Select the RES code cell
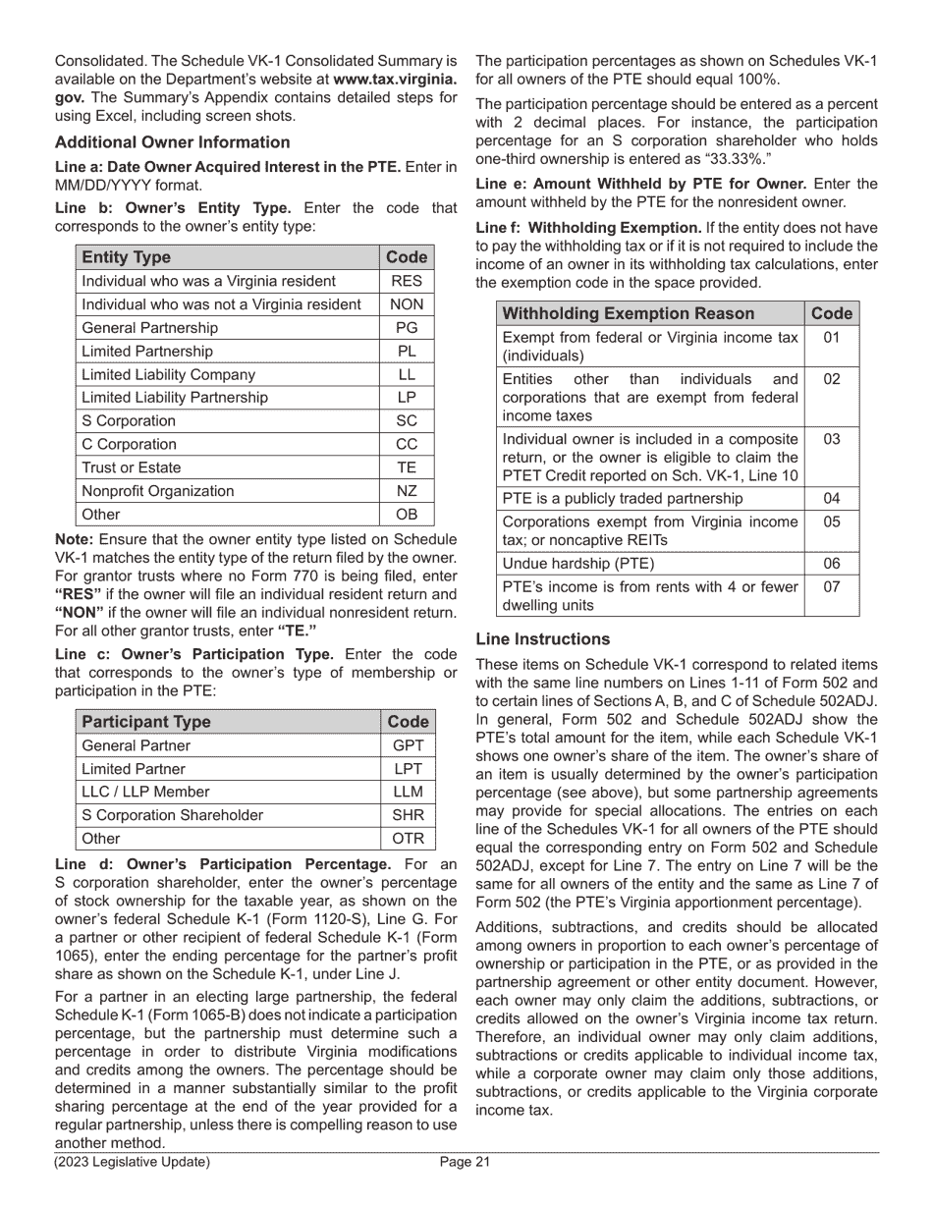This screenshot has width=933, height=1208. [406, 281]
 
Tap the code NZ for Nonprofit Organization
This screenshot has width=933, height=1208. [406, 491]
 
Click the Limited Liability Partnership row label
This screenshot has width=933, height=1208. [175, 398]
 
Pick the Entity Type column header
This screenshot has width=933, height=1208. [127, 257]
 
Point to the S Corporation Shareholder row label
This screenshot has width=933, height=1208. [173, 815]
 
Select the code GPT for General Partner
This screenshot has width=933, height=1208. [407, 745]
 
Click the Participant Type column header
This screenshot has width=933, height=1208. [146, 722]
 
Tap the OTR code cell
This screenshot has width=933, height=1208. [407, 839]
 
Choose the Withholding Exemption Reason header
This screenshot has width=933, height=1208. [629, 313]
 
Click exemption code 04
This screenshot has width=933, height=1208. [831, 499]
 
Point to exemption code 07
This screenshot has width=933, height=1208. [831, 587]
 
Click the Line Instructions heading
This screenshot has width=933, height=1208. [542, 639]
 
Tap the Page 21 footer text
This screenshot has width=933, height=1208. [465, 1163]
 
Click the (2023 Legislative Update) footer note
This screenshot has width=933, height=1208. [132, 1163]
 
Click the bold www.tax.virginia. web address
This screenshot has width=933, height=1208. [395, 80]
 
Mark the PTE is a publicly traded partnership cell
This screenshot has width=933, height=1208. [623, 499]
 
